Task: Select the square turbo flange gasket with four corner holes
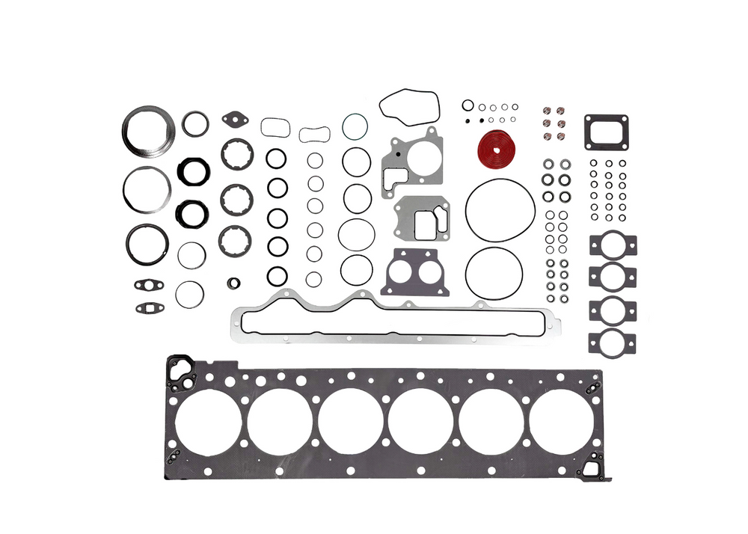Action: point(605,132)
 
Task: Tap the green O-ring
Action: point(355,126)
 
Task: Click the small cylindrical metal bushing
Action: point(235,283)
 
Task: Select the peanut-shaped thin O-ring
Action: point(314,135)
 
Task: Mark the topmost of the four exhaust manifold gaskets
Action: point(613,245)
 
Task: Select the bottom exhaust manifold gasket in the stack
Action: point(613,341)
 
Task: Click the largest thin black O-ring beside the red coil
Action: point(500,210)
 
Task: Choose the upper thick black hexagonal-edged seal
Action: point(193,171)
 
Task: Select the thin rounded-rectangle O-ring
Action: point(275,126)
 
